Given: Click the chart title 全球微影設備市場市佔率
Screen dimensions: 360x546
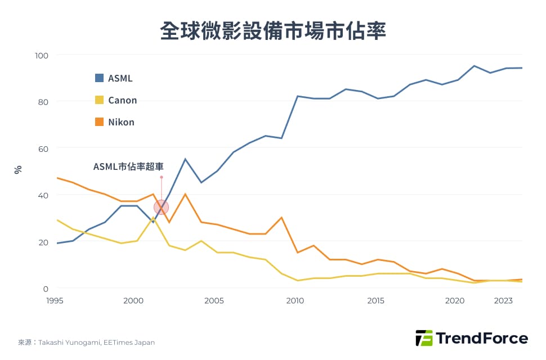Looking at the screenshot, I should (273, 31).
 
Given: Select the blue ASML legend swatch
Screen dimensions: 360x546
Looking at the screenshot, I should (99, 78).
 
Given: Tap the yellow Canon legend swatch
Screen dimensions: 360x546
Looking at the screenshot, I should (99, 100).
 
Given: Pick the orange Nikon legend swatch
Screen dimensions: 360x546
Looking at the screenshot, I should (99, 122).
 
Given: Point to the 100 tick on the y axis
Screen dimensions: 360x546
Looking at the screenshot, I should (42, 55).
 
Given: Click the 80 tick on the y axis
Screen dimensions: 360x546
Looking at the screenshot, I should (44, 102).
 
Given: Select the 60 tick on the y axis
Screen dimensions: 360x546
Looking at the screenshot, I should (44, 148).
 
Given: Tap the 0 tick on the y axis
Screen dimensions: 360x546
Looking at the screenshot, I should (46, 289).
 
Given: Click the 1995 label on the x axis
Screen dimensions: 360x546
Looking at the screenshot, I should (55, 301).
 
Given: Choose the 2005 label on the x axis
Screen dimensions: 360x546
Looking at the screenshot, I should (214, 301).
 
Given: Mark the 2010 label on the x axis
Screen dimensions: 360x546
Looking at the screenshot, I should (295, 301).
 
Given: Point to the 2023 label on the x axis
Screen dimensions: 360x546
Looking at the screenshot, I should (503, 301).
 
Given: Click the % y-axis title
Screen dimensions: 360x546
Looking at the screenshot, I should (18, 169).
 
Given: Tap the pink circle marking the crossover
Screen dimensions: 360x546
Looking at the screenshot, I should (161, 207).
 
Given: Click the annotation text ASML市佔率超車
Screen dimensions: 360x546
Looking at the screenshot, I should (128, 166).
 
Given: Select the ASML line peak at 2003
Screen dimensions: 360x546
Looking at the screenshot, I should (185, 159).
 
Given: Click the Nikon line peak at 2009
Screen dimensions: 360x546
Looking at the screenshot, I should (281, 218).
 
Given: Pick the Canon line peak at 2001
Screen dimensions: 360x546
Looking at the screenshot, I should (153, 218).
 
